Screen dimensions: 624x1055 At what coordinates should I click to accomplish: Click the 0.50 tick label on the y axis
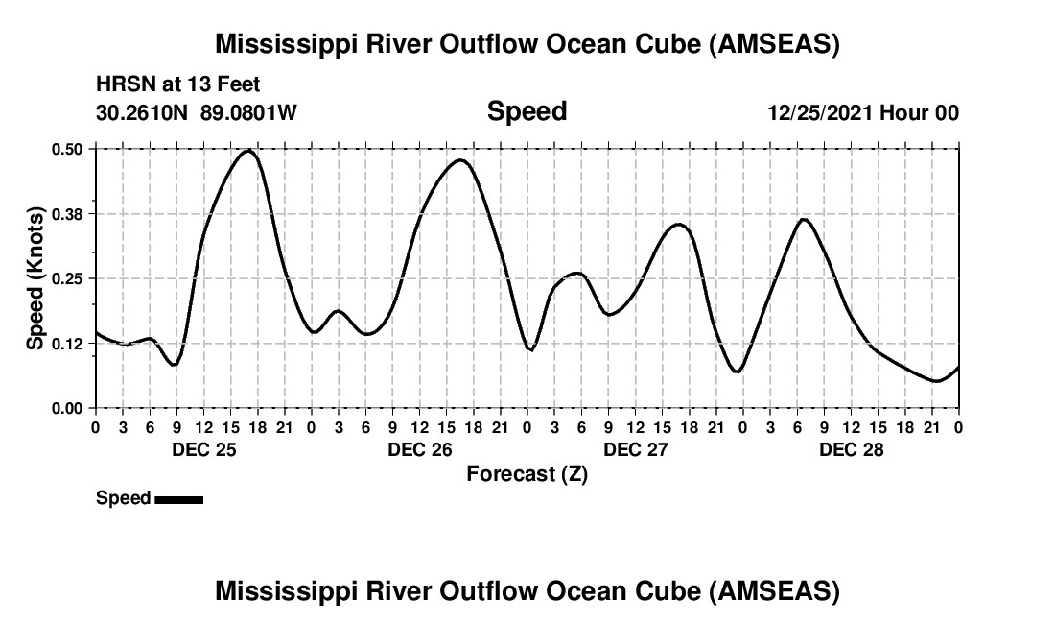(x=68, y=149)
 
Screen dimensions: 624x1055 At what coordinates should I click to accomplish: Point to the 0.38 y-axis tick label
(x=68, y=214)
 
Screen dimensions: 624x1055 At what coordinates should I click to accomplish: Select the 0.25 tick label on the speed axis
(x=68, y=278)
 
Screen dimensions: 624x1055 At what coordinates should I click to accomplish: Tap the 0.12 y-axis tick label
(x=68, y=344)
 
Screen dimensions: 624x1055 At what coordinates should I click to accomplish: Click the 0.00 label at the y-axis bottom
(x=68, y=408)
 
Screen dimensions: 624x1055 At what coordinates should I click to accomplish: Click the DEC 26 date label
(x=419, y=449)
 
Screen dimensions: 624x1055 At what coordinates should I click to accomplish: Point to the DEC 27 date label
(x=635, y=449)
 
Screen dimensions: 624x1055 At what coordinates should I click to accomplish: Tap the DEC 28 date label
(x=851, y=449)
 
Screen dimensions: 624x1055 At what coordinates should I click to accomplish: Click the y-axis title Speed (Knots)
(x=35, y=278)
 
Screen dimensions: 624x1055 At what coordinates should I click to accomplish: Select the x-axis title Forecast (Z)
(x=527, y=473)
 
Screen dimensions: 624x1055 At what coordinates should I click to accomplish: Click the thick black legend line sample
(x=178, y=499)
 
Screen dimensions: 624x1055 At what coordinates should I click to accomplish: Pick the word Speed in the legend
(x=123, y=498)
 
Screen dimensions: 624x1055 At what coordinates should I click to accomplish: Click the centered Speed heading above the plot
(x=527, y=111)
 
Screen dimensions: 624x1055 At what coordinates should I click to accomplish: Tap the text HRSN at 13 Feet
(x=178, y=85)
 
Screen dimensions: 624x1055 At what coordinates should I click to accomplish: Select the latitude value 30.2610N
(x=143, y=112)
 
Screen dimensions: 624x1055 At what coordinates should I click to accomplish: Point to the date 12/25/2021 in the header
(x=820, y=112)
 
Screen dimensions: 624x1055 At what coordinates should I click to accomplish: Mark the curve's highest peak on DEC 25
(x=248, y=151)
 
